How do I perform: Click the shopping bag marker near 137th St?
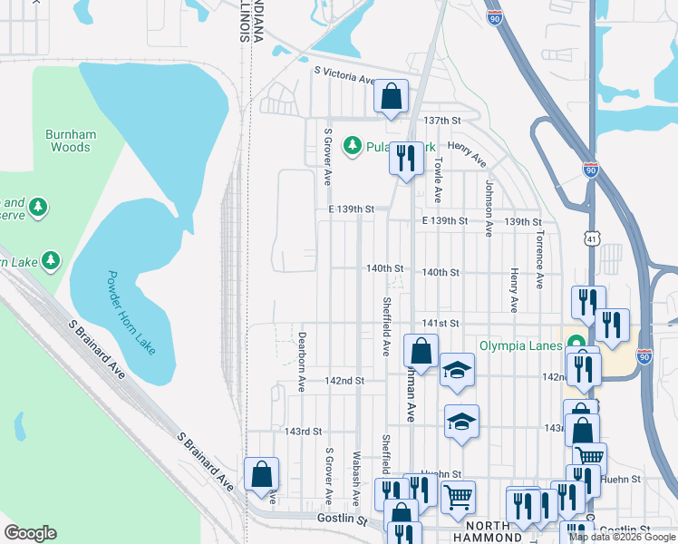pyautogui.click(x=391, y=96)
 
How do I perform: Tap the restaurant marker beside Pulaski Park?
pyautogui.click(x=405, y=160)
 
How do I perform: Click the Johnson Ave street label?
pyautogui.click(x=489, y=208)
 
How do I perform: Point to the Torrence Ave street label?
pyautogui.click(x=540, y=258)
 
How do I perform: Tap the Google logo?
pyautogui.click(x=30, y=533)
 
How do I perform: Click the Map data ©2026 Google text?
pyautogui.click(x=622, y=537)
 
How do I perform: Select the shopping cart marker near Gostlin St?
pyautogui.click(x=458, y=497)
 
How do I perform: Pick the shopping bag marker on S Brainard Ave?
pyautogui.click(x=261, y=473)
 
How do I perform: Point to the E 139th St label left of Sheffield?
pyautogui.click(x=352, y=209)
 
